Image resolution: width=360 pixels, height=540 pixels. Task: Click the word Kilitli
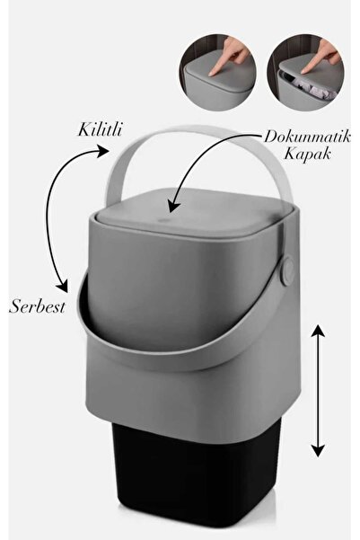tap(100, 130)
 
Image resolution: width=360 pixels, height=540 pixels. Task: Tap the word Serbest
tap(37, 306)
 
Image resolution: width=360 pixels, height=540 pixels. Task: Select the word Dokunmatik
tap(307, 137)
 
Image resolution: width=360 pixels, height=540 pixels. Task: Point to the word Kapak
tap(307, 154)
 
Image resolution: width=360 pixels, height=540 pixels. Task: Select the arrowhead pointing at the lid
tap(174, 206)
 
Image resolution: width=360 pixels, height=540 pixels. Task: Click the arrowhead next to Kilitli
tap(102, 151)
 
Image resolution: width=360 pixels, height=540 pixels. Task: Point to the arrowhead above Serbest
tap(62, 285)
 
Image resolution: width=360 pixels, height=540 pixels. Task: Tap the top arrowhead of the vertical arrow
tap(318, 330)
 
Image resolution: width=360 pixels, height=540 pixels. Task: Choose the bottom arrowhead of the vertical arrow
tap(318, 450)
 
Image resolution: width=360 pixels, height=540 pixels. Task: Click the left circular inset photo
tap(217, 72)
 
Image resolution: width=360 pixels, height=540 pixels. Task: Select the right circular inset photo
tap(305, 72)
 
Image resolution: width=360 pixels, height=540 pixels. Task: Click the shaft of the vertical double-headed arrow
tap(318, 391)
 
